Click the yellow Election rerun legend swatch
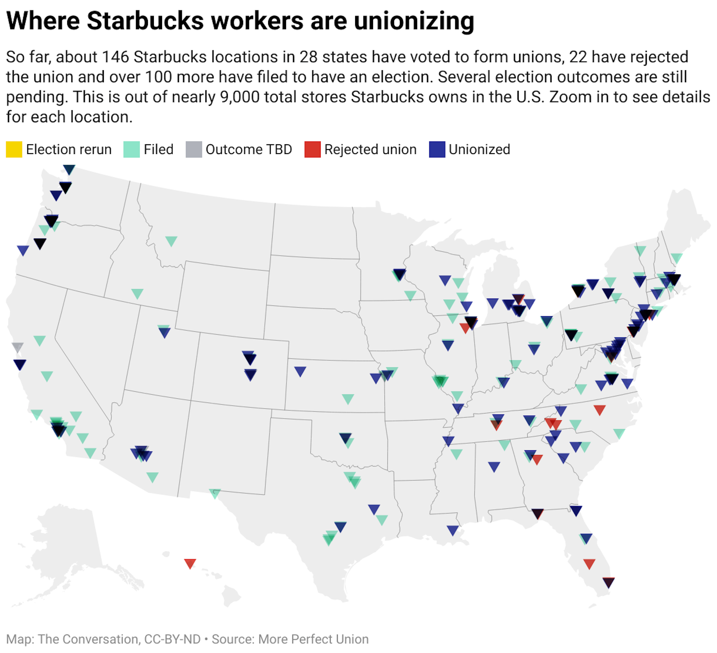pos(14,150)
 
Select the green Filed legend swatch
pos(131,150)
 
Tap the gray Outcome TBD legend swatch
pos(194,150)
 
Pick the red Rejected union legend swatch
pos(313,150)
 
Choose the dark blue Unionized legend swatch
pos(437,150)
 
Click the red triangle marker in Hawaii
pos(190,563)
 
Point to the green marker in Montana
pos(171,241)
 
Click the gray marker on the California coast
pos(18,347)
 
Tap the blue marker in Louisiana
pos(453,530)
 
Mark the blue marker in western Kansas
pos(300,371)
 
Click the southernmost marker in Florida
pos(608,582)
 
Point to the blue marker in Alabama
pos(494,466)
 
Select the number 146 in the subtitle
pos(115,57)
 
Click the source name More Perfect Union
pos(313,639)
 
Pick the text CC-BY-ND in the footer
pos(172,639)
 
